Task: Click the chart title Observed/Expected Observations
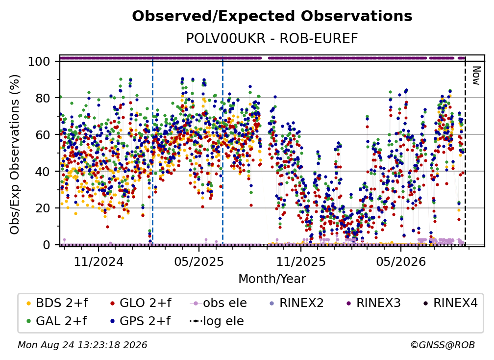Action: point(272,16)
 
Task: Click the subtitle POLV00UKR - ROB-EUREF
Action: point(272,38)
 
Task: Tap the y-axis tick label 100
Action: point(39,61)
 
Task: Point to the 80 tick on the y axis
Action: point(43,98)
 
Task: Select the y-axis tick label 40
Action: point(43,172)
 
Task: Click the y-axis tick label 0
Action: point(47,245)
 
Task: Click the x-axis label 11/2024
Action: point(99,261)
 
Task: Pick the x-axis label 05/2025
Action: point(199,261)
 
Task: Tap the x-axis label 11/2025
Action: point(301,261)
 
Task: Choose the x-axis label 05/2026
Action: point(401,261)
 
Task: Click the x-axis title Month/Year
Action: point(272,279)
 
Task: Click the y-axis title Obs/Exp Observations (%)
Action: point(15,154)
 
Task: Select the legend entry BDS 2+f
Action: point(57,303)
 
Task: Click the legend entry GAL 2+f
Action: point(57,321)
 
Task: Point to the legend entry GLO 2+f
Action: point(141,303)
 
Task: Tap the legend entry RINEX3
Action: point(373,303)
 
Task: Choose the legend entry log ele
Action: point(217,321)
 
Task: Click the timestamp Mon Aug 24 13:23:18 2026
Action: point(82,345)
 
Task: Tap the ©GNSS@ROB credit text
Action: point(443,345)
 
